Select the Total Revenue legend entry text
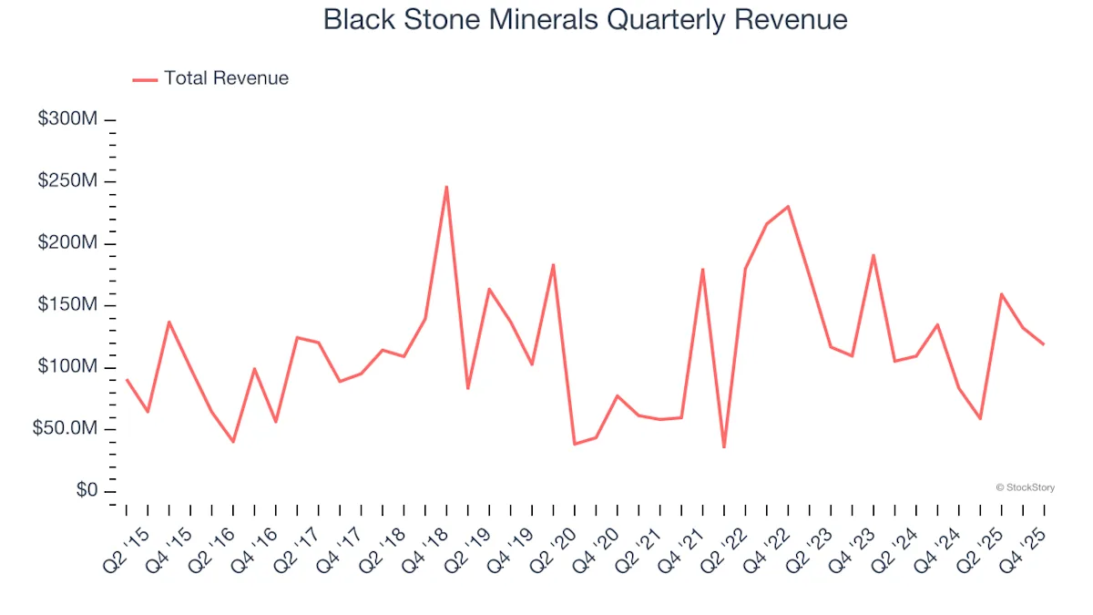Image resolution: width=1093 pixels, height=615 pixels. [x=226, y=78]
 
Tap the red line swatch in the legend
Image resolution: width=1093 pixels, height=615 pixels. [x=145, y=79]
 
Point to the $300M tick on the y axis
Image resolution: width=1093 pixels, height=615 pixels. [x=68, y=119]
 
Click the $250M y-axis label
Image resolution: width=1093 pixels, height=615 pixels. [x=68, y=181]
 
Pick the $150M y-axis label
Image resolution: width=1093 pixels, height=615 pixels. [x=68, y=304]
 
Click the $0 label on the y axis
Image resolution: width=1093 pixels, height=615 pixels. [x=86, y=490]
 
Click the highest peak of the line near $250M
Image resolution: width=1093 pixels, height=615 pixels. [x=446, y=187]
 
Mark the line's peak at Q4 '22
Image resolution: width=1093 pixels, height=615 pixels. [x=788, y=206]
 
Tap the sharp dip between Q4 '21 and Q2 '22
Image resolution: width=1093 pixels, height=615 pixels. [x=724, y=446]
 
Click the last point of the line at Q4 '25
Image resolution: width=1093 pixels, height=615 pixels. [x=1044, y=344]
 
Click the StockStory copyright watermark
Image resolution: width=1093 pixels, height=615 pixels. [x=1026, y=487]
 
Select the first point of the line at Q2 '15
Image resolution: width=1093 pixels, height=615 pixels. [x=127, y=380]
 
